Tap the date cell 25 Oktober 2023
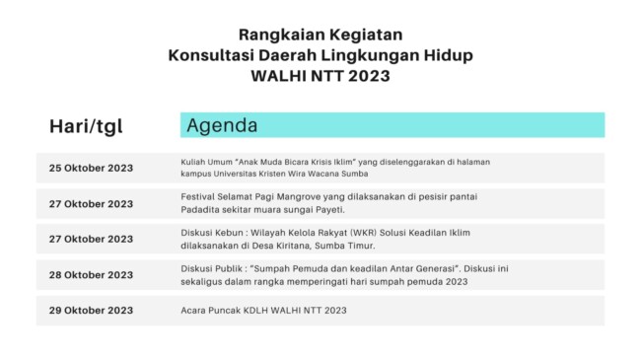click(x=91, y=168)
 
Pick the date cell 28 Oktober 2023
click(x=91, y=275)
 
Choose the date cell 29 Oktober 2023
click(x=91, y=311)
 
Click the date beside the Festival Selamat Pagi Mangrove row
click(x=91, y=204)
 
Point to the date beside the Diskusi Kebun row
click(x=91, y=240)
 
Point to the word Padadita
click(x=201, y=210)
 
